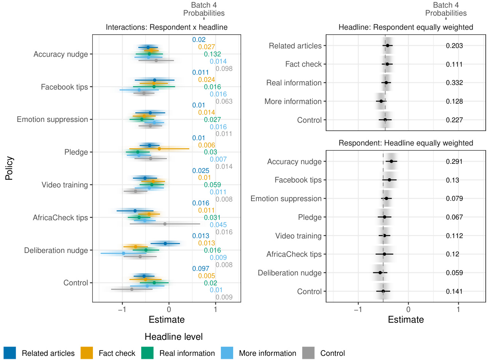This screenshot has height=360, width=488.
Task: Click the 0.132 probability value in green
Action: coord(213,54)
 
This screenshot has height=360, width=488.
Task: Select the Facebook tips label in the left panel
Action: coord(64,87)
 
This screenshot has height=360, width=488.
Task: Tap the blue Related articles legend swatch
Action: coord(10,353)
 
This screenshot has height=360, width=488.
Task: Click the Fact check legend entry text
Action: coord(117,353)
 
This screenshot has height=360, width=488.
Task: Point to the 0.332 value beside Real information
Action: coord(454,83)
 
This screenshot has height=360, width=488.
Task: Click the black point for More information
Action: coord(381,101)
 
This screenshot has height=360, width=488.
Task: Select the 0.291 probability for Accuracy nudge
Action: coord(454,162)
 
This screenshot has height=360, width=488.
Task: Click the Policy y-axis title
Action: coord(9,168)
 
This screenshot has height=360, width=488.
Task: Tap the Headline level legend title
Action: coord(174,337)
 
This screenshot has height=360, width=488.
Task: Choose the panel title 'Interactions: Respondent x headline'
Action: coord(166,27)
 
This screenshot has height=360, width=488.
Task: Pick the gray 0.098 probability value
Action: coord(224,69)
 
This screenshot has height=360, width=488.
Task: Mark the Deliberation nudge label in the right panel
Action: coord(290,273)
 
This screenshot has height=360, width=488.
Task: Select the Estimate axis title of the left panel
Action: coord(166,320)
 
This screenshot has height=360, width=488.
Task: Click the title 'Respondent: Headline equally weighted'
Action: coord(406,143)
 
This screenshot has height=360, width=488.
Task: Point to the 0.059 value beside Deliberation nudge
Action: coord(454,273)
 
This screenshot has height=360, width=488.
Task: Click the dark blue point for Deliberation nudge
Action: coord(165,243)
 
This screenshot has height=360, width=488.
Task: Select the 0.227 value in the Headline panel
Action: coord(454,120)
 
